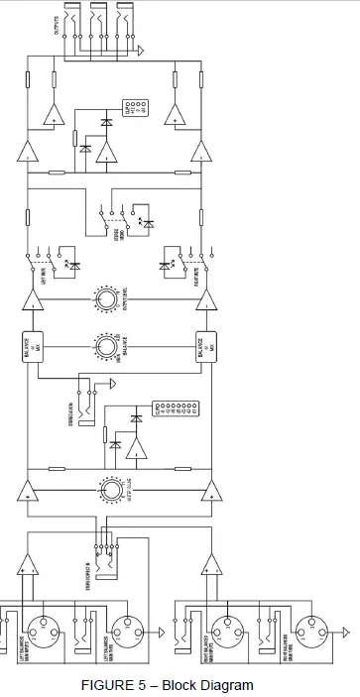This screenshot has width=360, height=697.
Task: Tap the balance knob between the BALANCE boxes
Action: (x=106, y=347)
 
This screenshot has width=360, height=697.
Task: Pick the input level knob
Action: (x=110, y=489)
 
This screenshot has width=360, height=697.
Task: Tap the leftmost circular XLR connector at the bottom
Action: (x=46, y=627)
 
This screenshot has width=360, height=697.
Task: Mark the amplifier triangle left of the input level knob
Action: (x=28, y=490)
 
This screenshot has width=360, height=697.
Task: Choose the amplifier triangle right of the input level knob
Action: (x=208, y=490)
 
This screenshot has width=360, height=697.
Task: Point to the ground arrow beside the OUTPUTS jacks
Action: (x=145, y=48)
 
